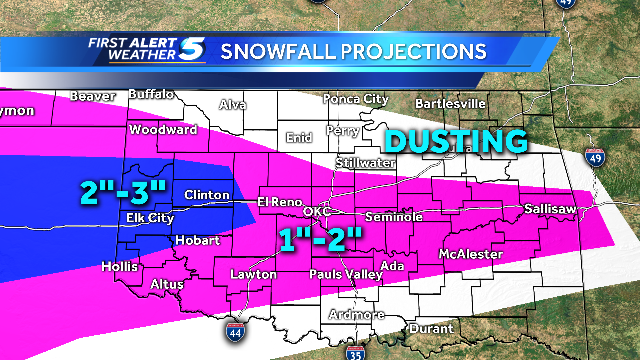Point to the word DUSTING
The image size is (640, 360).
coord(456,141)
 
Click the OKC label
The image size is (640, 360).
coord(316,212)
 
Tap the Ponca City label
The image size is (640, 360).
coord(355,99)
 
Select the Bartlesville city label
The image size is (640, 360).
coord(451,103)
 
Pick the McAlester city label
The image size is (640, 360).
coord(470,255)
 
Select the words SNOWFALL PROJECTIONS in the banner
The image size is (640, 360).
coord(353,51)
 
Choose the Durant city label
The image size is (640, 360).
coord(432,328)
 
